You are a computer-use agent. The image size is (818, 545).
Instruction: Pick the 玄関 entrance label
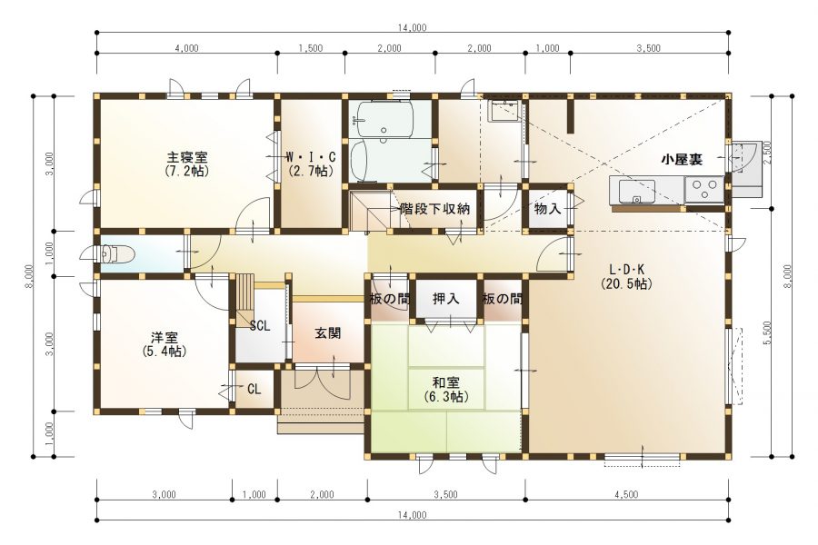point(328,333)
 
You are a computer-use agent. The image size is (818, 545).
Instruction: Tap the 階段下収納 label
point(434,209)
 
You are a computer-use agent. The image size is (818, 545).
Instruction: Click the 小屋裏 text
point(681,159)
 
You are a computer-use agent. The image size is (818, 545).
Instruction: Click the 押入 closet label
point(445,298)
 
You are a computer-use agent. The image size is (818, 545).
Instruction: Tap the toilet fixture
point(118,253)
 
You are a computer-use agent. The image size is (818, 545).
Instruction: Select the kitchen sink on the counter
point(636,192)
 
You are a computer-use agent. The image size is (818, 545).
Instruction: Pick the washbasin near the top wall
point(503,111)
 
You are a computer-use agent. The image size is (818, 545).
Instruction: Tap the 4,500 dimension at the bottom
point(626,494)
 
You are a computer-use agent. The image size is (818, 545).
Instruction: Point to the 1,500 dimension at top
point(310,48)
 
